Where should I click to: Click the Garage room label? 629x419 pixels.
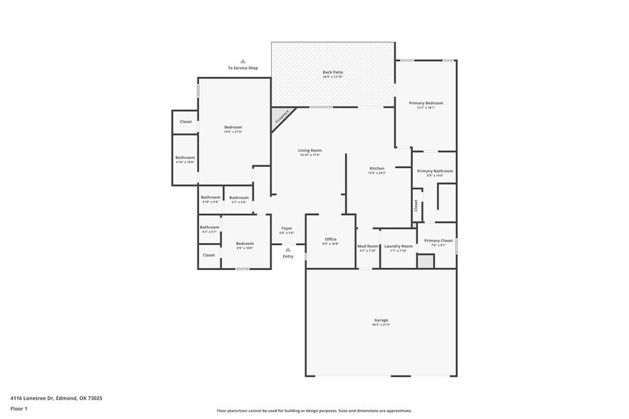381,321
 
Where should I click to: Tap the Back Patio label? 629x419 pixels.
332,72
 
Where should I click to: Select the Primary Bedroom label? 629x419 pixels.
426,103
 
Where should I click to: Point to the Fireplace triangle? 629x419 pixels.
280,116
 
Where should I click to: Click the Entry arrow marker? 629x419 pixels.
287,249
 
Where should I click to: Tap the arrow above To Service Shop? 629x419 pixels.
242,61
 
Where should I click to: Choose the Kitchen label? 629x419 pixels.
377,169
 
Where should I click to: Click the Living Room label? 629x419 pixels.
310,150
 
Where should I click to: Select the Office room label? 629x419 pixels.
330,239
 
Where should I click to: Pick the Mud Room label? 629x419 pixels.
367,246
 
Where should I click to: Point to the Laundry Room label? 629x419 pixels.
398,246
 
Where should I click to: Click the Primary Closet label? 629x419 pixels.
438,241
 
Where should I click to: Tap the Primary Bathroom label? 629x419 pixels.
435,171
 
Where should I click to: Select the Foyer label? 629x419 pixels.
287,229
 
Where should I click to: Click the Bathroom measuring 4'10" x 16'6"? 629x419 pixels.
185,158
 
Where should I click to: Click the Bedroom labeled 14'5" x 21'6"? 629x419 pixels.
233,128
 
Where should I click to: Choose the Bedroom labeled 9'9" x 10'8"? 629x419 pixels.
245,244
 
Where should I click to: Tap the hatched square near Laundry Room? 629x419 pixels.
425,262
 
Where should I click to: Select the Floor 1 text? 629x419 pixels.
19,408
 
